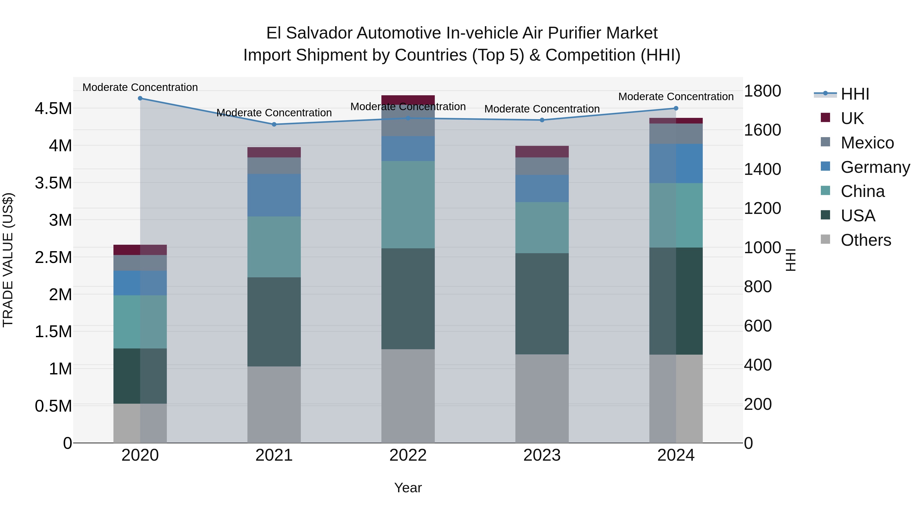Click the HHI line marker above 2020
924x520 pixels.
coord(140,98)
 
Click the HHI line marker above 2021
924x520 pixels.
coord(274,125)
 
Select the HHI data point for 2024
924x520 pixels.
coord(676,108)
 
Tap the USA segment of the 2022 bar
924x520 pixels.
coord(408,299)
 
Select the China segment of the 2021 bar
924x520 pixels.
coord(274,247)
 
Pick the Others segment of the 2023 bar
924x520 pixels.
coord(542,398)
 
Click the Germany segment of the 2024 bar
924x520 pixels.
coord(676,164)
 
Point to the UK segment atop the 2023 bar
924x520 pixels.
coord(542,152)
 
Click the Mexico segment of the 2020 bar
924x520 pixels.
coord(140,263)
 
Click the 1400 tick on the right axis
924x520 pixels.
coord(762,169)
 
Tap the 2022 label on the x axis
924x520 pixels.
coord(408,455)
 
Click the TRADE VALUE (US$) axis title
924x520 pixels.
coord(8,260)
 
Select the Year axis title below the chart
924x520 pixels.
coord(408,488)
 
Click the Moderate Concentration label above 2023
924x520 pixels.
coord(542,109)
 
